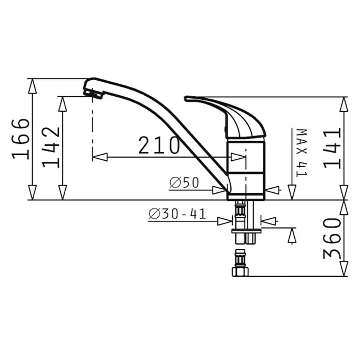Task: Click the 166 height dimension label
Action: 21,139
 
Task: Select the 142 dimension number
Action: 51,147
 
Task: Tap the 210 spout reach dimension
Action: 159,145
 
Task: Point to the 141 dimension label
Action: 332,148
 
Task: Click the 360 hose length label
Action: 332,238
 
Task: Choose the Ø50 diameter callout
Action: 184,183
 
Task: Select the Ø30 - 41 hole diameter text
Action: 177,214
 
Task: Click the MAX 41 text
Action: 302,153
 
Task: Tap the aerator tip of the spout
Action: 93,94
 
